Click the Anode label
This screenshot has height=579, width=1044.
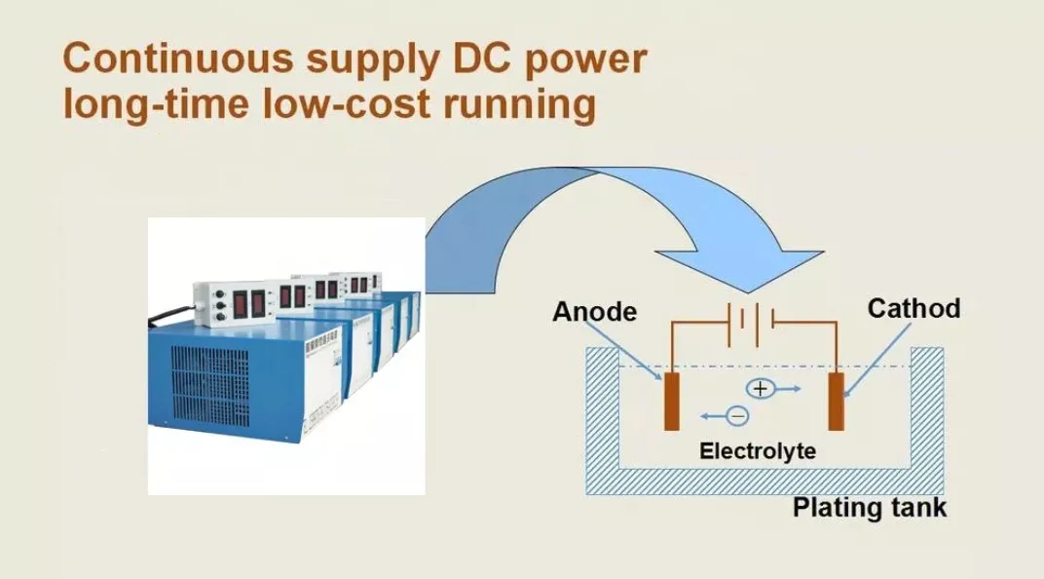(594, 312)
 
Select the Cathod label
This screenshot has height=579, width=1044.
(913, 309)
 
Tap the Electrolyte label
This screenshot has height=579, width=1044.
(758, 451)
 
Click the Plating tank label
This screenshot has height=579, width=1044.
(869, 509)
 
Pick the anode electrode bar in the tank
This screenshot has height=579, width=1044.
(672, 401)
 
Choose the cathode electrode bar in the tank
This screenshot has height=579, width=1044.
(836, 401)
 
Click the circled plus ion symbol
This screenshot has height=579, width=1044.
(761, 388)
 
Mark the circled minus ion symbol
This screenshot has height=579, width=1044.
(737, 416)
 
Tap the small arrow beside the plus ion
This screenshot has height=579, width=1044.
(790, 388)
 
